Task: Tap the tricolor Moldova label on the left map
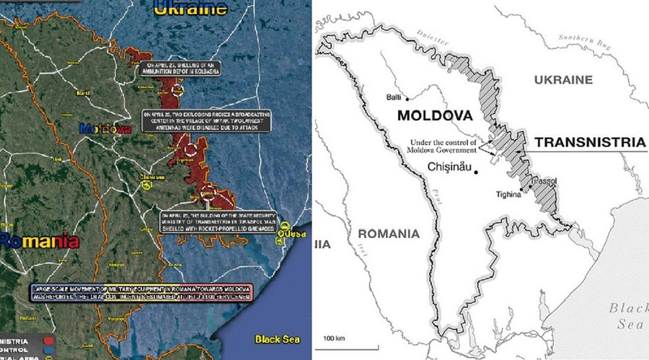105,128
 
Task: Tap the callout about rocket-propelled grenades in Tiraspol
218,221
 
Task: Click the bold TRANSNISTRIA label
589,143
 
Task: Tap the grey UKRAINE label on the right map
563,80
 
